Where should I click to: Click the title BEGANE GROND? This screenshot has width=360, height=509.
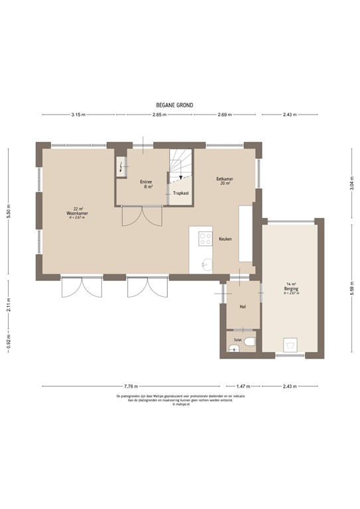pos(174,105)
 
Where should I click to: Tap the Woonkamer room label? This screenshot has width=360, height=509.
pos(78,213)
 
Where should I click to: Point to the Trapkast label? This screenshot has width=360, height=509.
pos(180,193)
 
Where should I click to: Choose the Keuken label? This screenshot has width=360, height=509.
pos(225,239)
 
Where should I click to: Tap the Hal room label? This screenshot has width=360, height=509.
pos(243,307)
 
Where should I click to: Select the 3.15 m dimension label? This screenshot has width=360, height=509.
pos(78,115)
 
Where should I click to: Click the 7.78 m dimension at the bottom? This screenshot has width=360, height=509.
pos(131,385)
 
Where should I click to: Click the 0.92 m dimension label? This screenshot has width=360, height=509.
pos(9,346)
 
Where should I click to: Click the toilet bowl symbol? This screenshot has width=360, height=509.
pos(249,343)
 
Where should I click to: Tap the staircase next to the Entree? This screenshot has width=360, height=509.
pos(180,168)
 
